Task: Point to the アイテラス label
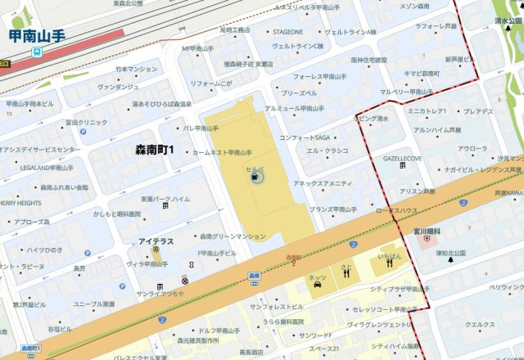(x=156, y=241)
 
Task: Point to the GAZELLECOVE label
(x=403, y=158)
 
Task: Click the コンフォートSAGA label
(x=305, y=137)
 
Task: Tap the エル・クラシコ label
(x=327, y=151)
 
